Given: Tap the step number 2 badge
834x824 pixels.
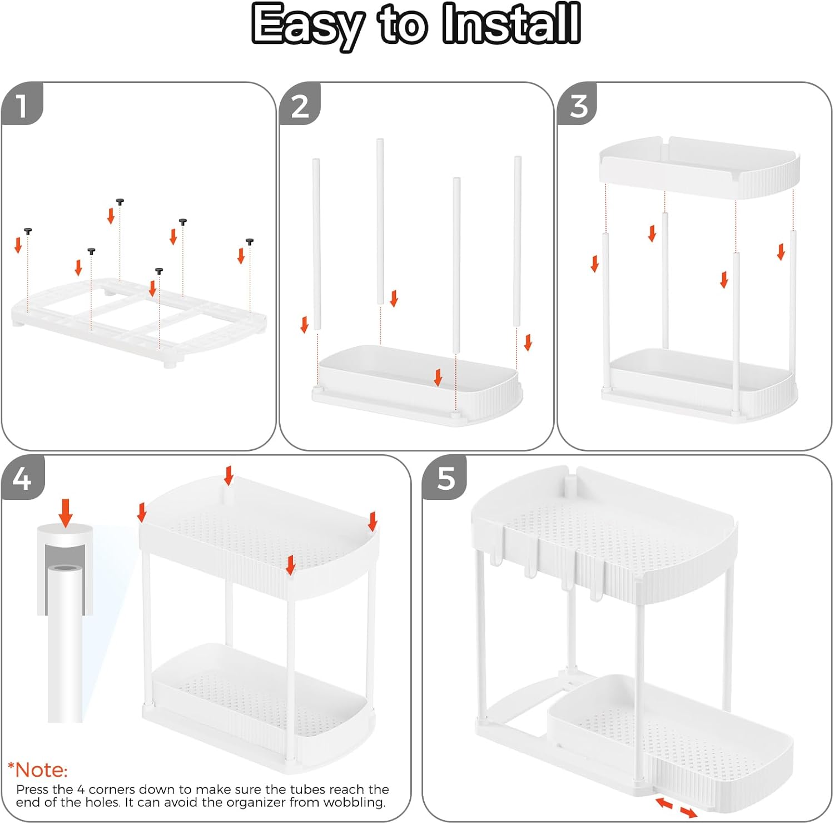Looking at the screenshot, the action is [300, 104].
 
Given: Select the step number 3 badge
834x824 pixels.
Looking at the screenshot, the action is [578, 104].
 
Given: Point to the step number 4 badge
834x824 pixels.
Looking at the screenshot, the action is [22, 478].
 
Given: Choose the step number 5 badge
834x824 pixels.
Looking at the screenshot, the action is [445, 478].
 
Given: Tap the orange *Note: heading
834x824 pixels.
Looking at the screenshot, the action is [38, 770].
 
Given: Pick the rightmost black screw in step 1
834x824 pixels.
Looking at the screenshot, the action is [250, 242].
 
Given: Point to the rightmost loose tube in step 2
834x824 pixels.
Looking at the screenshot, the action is [517, 241].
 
